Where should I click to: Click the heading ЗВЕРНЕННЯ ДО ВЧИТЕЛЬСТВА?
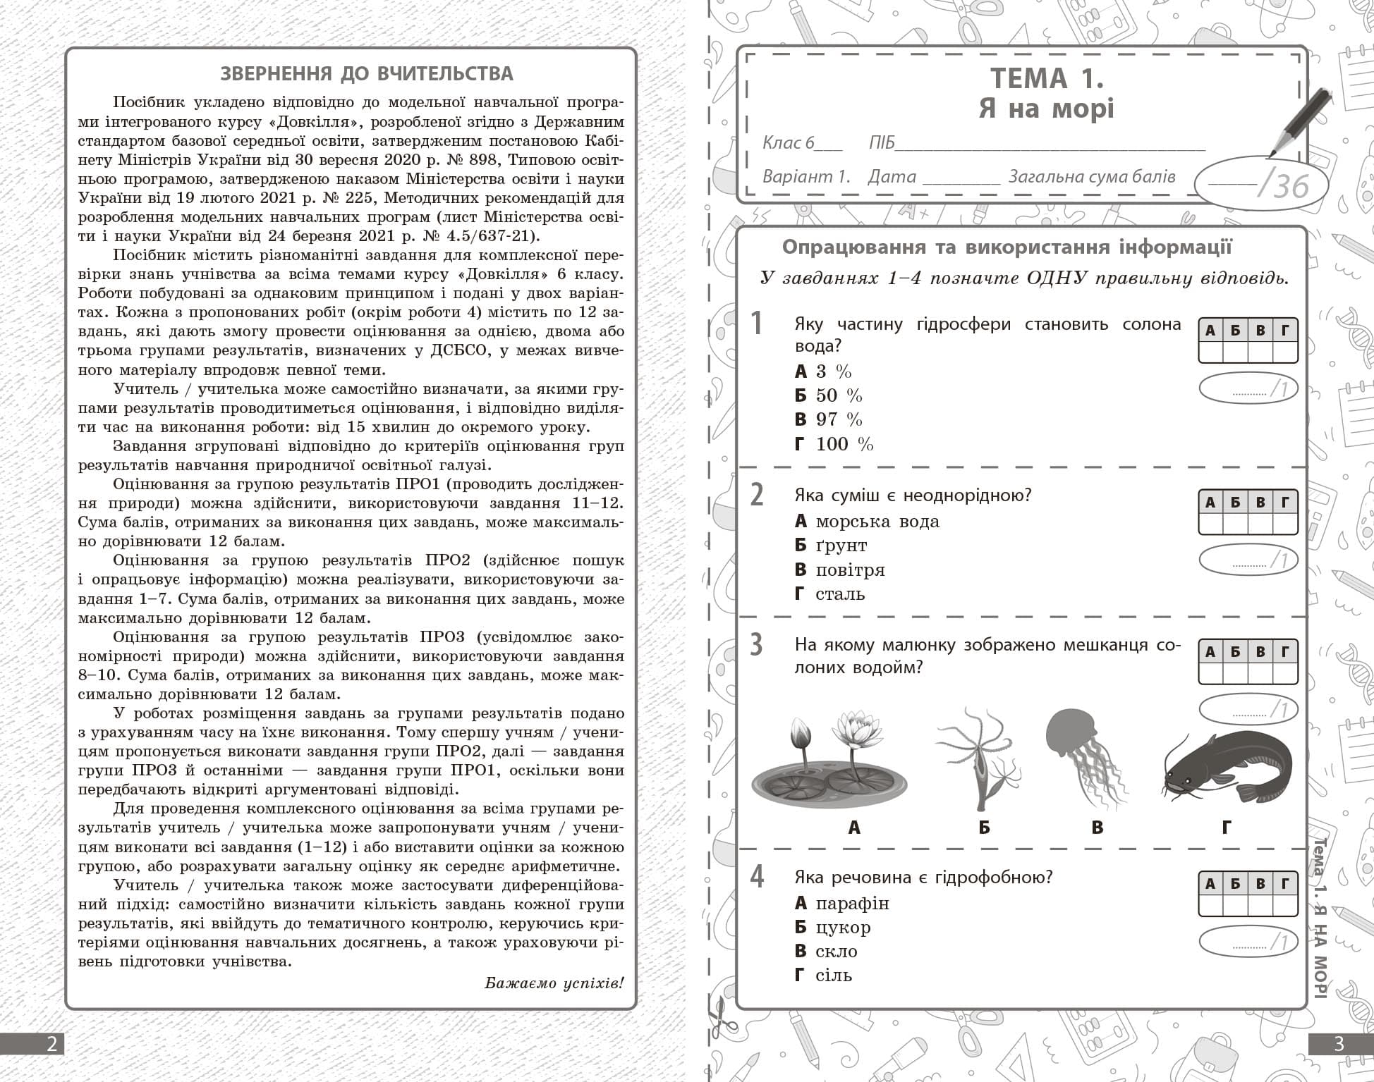pyautogui.click(x=367, y=74)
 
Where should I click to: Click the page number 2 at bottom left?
pyautogui.click(x=51, y=1043)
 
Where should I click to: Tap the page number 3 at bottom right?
pyautogui.click(x=1340, y=1043)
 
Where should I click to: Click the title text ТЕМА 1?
pyautogui.click(x=1047, y=78)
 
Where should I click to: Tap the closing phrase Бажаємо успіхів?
pyautogui.click(x=554, y=983)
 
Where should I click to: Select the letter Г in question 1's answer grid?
pyautogui.click(x=1285, y=330)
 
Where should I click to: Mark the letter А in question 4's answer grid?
pyautogui.click(x=1210, y=883)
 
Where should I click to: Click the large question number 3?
pyautogui.click(x=756, y=645)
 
